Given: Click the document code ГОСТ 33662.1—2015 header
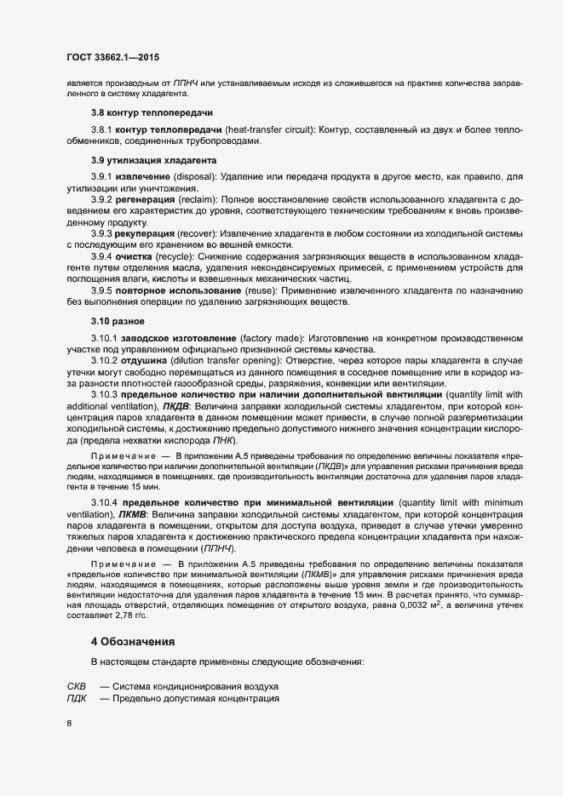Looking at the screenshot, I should (x=112, y=57).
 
